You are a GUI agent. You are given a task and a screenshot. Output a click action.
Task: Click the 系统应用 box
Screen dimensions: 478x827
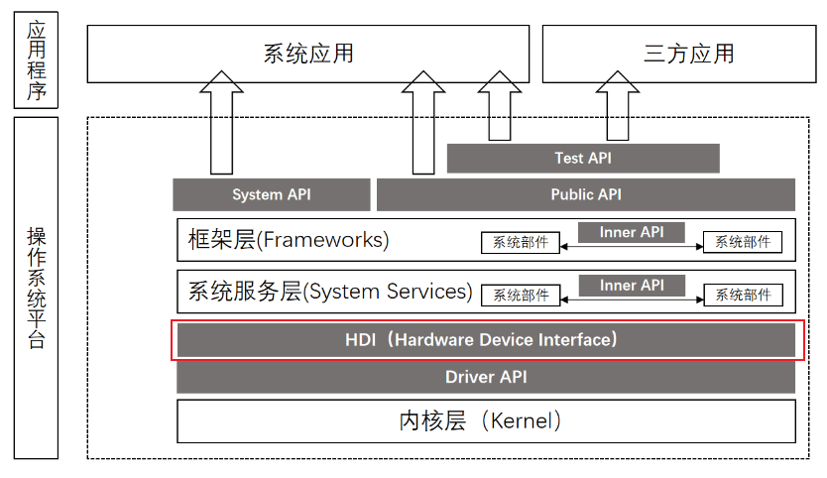pos(308,54)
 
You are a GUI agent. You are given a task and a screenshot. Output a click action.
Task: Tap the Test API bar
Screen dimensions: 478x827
pos(583,159)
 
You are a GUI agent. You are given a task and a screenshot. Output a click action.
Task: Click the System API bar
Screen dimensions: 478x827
pos(272,194)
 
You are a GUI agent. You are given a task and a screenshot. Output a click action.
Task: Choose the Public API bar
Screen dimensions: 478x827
pos(586,194)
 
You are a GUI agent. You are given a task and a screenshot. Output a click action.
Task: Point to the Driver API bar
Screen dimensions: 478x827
pos(486,377)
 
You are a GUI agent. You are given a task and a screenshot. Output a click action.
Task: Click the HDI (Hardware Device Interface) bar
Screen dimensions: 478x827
pos(486,340)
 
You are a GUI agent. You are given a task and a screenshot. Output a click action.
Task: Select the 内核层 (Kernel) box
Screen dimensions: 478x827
pos(486,420)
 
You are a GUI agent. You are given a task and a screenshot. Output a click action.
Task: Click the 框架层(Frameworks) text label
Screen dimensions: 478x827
pos(289,240)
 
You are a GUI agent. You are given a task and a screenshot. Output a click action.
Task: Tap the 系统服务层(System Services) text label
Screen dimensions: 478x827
pos(330,292)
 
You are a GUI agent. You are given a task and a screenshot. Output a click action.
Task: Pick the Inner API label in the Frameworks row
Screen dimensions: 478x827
pos(632,233)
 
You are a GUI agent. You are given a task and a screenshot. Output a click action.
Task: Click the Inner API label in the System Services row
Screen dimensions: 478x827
pos(632,286)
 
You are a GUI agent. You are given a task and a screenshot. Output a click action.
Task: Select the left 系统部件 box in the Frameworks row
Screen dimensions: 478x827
pos(521,242)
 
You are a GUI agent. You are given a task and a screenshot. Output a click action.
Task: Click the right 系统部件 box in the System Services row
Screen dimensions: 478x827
pos(743,295)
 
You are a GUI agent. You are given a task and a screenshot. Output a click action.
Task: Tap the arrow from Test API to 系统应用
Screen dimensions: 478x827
pos(498,111)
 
